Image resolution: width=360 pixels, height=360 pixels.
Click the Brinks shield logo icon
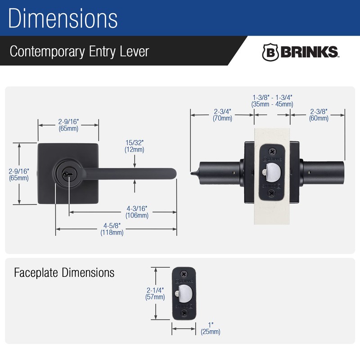[270, 52]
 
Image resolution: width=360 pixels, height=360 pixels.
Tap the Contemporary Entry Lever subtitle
[79, 51]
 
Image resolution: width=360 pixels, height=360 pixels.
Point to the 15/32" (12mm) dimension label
[135, 146]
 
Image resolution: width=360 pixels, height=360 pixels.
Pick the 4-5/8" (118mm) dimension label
[112, 229]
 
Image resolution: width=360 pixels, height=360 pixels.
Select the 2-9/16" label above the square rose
[68, 125]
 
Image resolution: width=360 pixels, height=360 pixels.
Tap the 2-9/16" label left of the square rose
[19, 175]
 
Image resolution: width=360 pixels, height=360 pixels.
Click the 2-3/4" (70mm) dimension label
[222, 115]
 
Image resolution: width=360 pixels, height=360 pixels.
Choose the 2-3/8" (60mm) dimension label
[319, 115]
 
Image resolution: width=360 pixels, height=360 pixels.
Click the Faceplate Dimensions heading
[64, 273]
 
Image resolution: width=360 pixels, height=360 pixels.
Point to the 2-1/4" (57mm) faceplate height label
[154, 293]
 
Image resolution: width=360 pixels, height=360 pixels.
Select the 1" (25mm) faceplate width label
[210, 328]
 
